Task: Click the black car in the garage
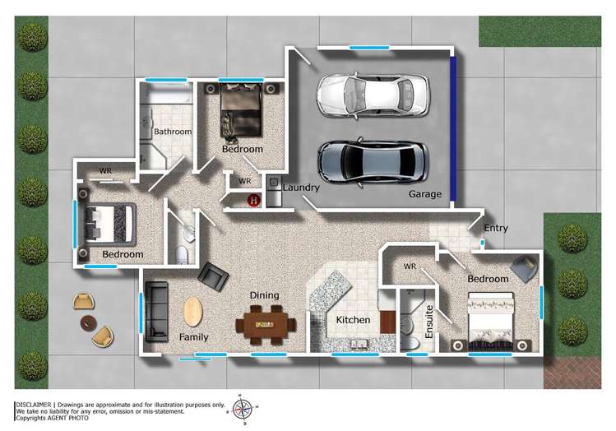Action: tap(373, 160)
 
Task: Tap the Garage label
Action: tap(425, 195)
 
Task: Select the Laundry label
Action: tap(301, 188)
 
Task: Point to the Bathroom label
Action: tap(173, 132)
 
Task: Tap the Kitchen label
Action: tap(353, 320)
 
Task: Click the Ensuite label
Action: tap(428, 322)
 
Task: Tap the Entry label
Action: tap(496, 228)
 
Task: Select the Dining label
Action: tap(265, 295)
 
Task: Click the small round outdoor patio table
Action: tap(88, 322)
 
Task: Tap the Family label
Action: tap(194, 337)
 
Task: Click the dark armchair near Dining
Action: tap(213, 276)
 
